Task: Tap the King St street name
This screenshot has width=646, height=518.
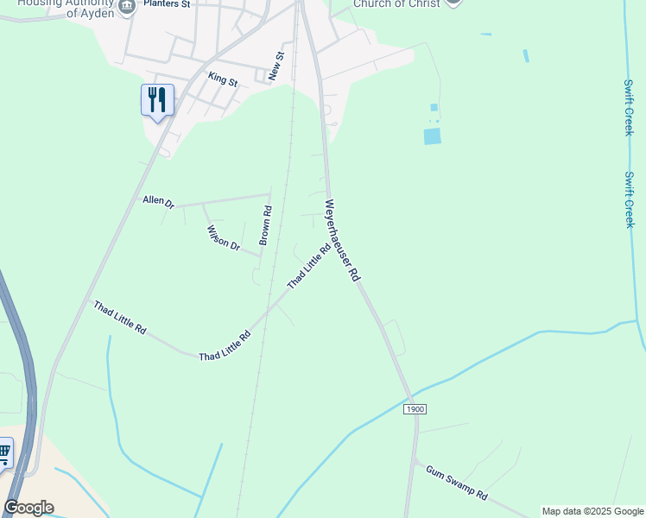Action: click(223, 79)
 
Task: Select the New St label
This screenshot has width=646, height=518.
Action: click(275, 66)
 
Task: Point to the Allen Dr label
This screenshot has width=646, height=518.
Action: click(159, 202)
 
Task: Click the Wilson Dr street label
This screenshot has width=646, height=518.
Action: click(223, 237)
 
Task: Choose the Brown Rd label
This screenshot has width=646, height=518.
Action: click(266, 225)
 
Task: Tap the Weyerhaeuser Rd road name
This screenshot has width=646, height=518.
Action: click(342, 241)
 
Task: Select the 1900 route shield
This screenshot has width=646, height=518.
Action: click(415, 408)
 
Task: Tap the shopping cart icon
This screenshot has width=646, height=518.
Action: click(4, 452)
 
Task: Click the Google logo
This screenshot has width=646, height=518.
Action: click(28, 508)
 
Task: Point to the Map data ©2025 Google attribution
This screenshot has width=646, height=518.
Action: click(592, 511)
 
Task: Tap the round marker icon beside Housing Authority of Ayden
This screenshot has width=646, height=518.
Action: click(127, 7)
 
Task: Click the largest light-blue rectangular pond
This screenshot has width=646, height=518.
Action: click(432, 136)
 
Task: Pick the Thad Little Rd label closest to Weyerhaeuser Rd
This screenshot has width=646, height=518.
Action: click(308, 268)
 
